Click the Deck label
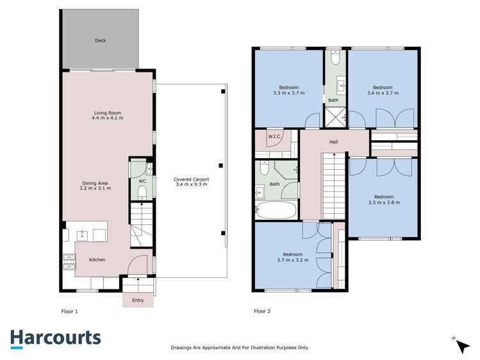coord(100,40)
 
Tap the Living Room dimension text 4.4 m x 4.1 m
coord(107,118)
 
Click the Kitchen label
coord(97,259)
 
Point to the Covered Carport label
coord(191,179)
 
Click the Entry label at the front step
coord(138,300)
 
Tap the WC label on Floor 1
coord(142,181)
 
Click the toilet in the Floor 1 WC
coord(142,192)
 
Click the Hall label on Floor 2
coord(333,142)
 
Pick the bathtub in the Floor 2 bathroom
coord(276,209)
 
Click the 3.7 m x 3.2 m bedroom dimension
coord(293,259)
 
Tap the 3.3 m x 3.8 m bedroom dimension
coord(384,202)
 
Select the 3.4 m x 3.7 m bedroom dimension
coord(383,93)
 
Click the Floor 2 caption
coord(262,311)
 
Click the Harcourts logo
coord(55,338)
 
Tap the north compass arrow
coord(461,345)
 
